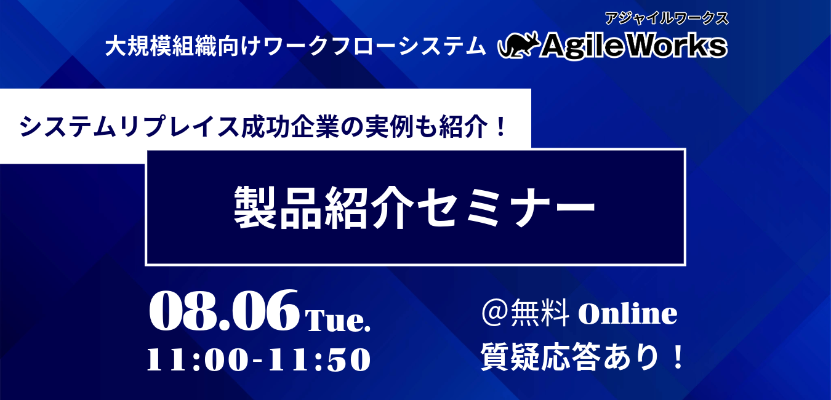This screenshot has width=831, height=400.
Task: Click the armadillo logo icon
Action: [519, 45]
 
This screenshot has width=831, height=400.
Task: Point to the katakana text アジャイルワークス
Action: [667, 18]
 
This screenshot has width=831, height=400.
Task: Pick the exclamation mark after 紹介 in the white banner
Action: [500, 126]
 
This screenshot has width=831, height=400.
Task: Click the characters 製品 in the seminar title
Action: [278, 207]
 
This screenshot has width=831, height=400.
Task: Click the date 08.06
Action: [223, 310]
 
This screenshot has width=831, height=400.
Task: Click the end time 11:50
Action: [319, 359]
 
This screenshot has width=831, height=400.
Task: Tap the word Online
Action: [628, 313]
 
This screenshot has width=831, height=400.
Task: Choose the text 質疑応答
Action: [540, 358]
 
